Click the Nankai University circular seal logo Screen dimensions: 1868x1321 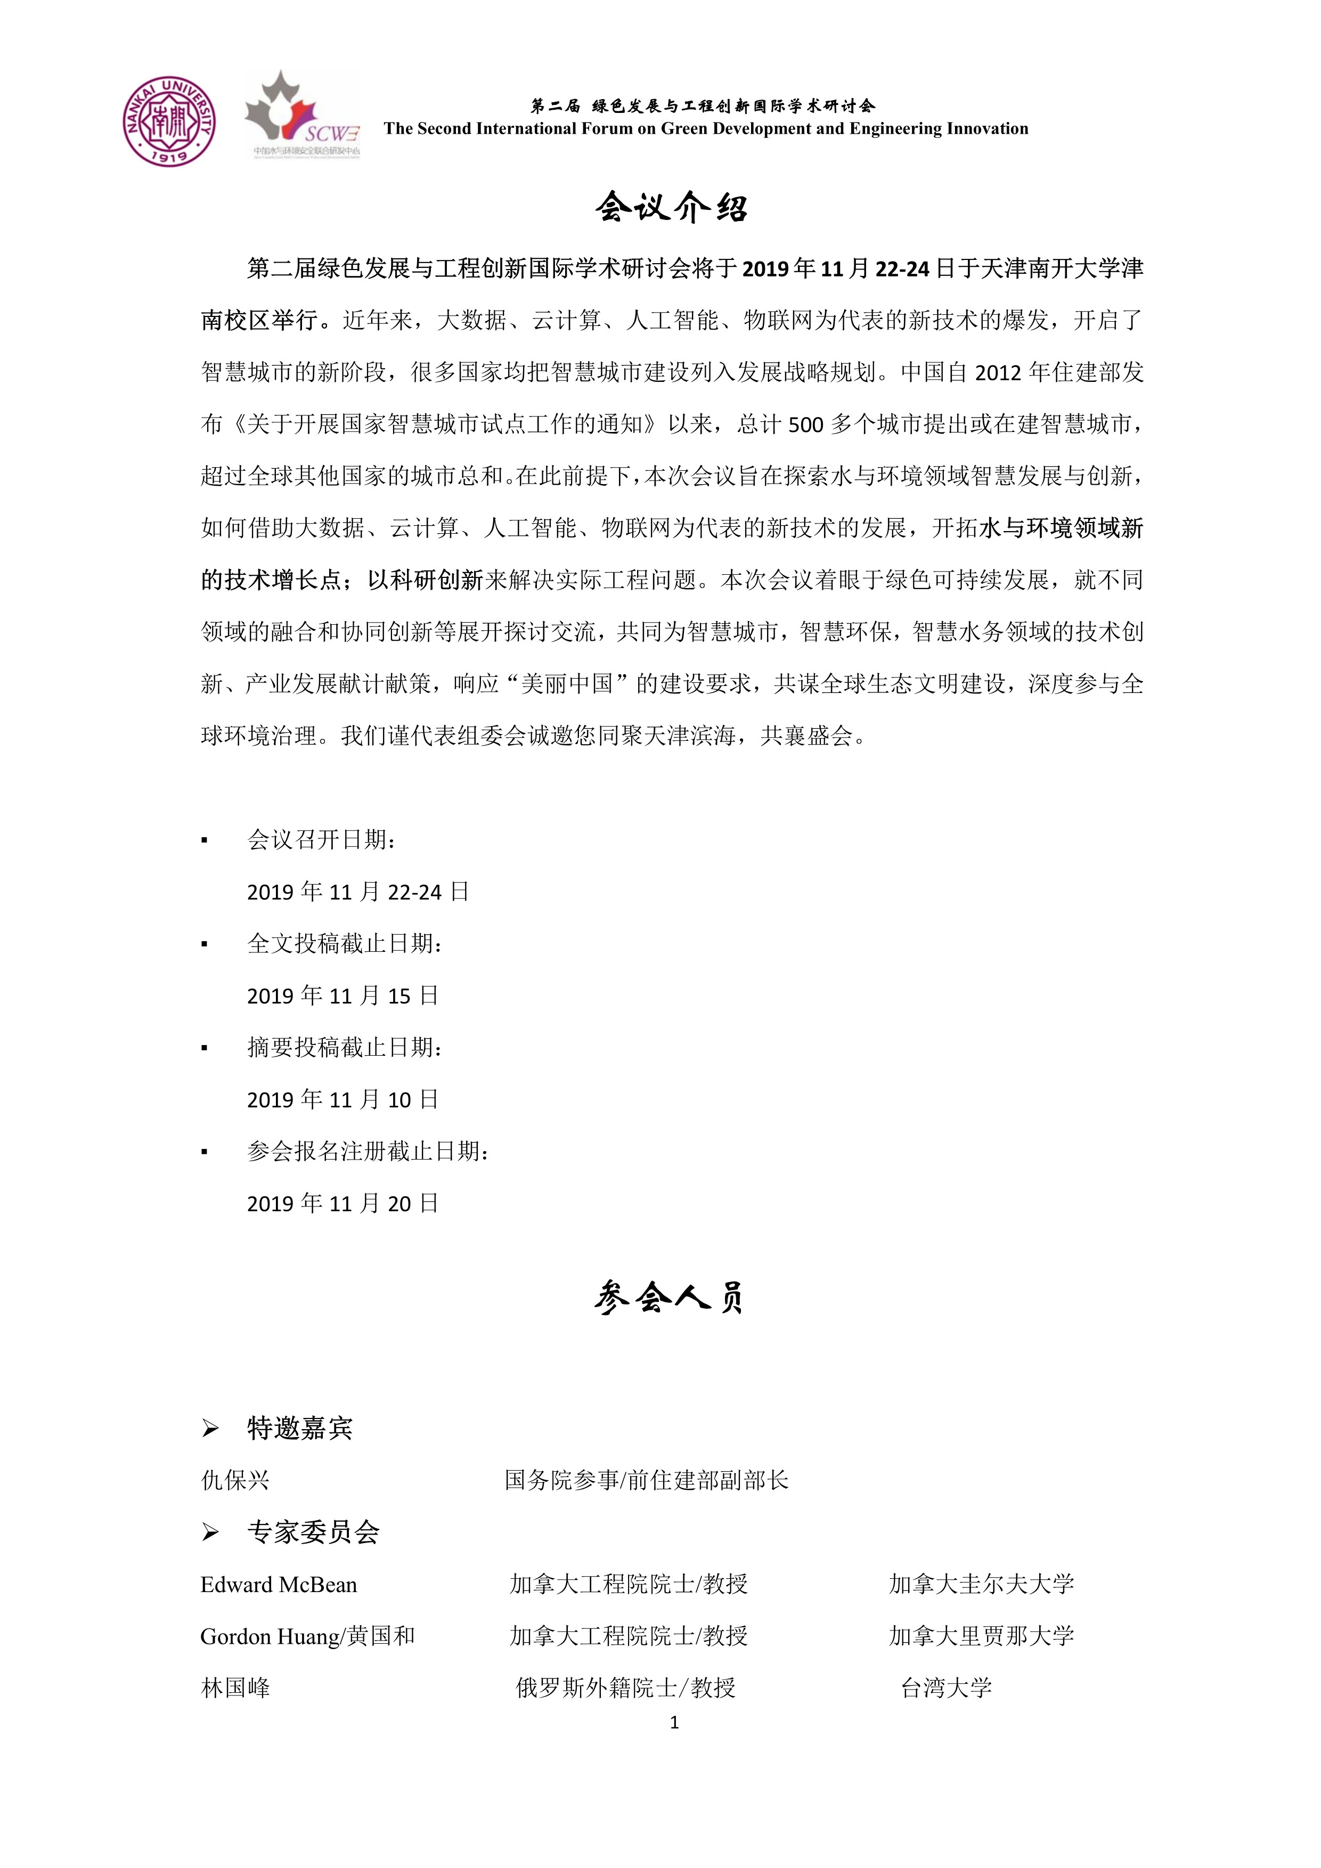[x=169, y=121]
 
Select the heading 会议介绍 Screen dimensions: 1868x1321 [x=672, y=208]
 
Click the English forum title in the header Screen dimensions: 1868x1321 [x=705, y=128]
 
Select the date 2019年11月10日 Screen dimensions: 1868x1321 [x=343, y=1100]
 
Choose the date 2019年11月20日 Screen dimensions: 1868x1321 [x=343, y=1203]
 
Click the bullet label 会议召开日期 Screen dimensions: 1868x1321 [x=321, y=839]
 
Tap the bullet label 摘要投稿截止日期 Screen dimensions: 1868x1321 [x=345, y=1048]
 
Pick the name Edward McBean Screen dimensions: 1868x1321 [x=278, y=1584]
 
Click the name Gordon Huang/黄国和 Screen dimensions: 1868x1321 [x=307, y=1636]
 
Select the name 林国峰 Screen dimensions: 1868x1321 [x=235, y=1688]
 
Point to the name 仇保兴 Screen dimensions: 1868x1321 [x=235, y=1480]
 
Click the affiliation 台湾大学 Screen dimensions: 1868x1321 [x=946, y=1688]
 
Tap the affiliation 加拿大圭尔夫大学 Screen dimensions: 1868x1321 [x=981, y=1584]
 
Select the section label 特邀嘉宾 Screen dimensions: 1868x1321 [x=299, y=1428]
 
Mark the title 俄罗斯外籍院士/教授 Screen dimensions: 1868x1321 [x=625, y=1688]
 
